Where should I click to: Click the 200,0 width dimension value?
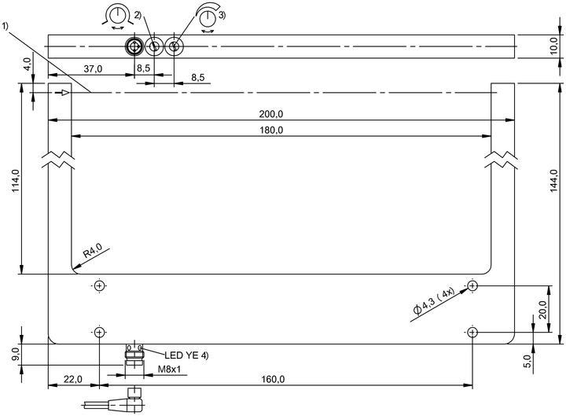(x=271, y=114)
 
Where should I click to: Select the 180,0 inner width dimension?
(x=271, y=130)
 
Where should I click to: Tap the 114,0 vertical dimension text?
(x=17, y=180)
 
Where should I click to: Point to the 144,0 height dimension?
(x=554, y=181)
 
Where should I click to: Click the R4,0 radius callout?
(x=93, y=250)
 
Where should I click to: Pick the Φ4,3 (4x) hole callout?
(x=434, y=301)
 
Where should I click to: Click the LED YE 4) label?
(x=186, y=355)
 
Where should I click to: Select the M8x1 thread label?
(x=169, y=369)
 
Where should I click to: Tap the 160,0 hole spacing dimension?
(x=273, y=379)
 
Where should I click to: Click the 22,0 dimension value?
(x=73, y=379)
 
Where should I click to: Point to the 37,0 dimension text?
(x=93, y=68)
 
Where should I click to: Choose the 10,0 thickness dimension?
(x=554, y=46)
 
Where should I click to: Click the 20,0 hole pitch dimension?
(x=542, y=310)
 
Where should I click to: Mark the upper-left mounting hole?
(x=99, y=286)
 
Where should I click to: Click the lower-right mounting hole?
(x=472, y=332)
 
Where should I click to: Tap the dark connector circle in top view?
(x=134, y=46)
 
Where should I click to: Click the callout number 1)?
(x=5, y=26)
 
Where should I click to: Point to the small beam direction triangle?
(x=65, y=93)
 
